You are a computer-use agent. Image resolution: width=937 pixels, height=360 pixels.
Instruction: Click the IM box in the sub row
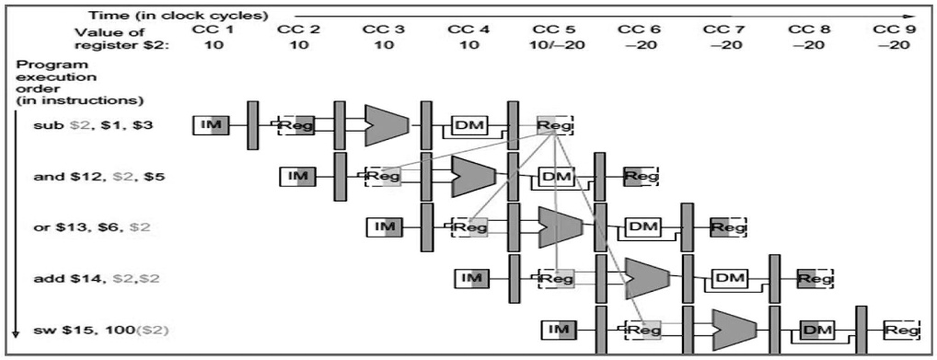[211, 124]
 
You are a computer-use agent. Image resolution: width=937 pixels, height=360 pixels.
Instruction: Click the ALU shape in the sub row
[385, 120]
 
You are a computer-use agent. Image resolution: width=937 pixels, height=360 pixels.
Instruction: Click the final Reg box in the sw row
[901, 329]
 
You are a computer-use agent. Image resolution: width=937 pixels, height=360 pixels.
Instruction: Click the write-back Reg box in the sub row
[555, 124]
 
